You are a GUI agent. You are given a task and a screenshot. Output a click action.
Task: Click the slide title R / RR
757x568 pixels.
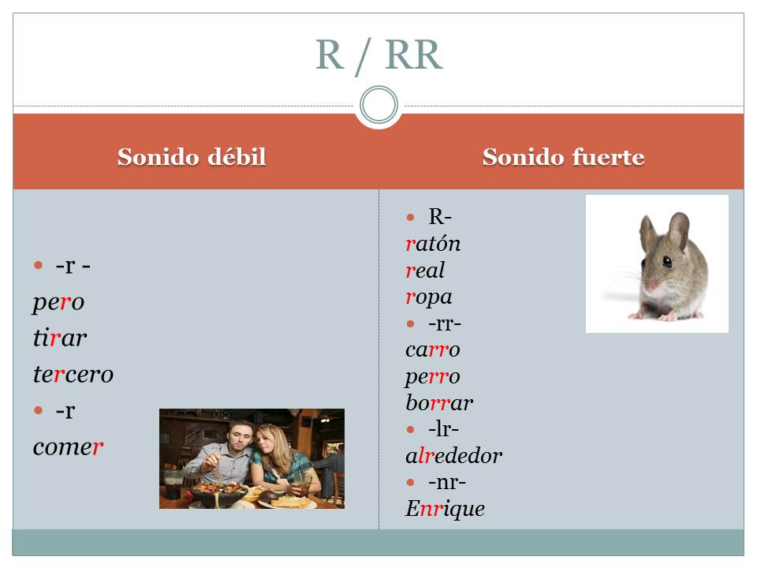pyautogui.click(x=379, y=55)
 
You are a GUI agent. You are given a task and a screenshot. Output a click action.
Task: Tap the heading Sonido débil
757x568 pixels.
pyautogui.click(x=192, y=157)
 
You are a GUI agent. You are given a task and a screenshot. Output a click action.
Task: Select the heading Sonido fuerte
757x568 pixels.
pyautogui.click(x=563, y=157)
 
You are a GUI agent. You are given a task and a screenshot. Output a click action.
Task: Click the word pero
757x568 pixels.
pyautogui.click(x=58, y=303)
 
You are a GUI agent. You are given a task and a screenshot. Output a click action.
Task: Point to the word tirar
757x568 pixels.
pyautogui.click(x=60, y=338)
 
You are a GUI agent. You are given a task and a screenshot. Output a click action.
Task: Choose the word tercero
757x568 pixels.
pyautogui.click(x=73, y=374)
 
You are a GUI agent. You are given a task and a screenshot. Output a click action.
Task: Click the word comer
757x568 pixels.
pyautogui.click(x=68, y=447)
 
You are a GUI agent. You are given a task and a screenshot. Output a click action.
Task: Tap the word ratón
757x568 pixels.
pyautogui.click(x=433, y=244)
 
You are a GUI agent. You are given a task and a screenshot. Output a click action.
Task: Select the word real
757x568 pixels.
pyautogui.click(x=425, y=270)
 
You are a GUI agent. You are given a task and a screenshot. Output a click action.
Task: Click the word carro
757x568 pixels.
pyautogui.click(x=433, y=349)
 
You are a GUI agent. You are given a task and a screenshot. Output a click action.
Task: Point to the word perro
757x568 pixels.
pyautogui.click(x=433, y=377)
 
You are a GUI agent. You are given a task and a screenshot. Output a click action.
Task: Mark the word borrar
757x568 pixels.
pyautogui.click(x=439, y=402)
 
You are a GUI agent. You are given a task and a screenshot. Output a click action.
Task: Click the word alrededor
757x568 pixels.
pyautogui.click(x=454, y=455)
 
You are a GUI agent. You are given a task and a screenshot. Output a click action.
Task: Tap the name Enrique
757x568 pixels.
pyautogui.click(x=445, y=509)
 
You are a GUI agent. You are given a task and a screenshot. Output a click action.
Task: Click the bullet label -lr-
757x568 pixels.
pyautogui.click(x=443, y=429)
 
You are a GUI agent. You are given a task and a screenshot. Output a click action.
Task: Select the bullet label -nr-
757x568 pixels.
pyautogui.click(x=447, y=482)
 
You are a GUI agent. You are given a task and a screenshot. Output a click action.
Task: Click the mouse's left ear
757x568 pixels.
pyautogui.click(x=649, y=231)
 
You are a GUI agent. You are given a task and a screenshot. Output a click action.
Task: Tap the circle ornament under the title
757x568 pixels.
pyautogui.click(x=379, y=105)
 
